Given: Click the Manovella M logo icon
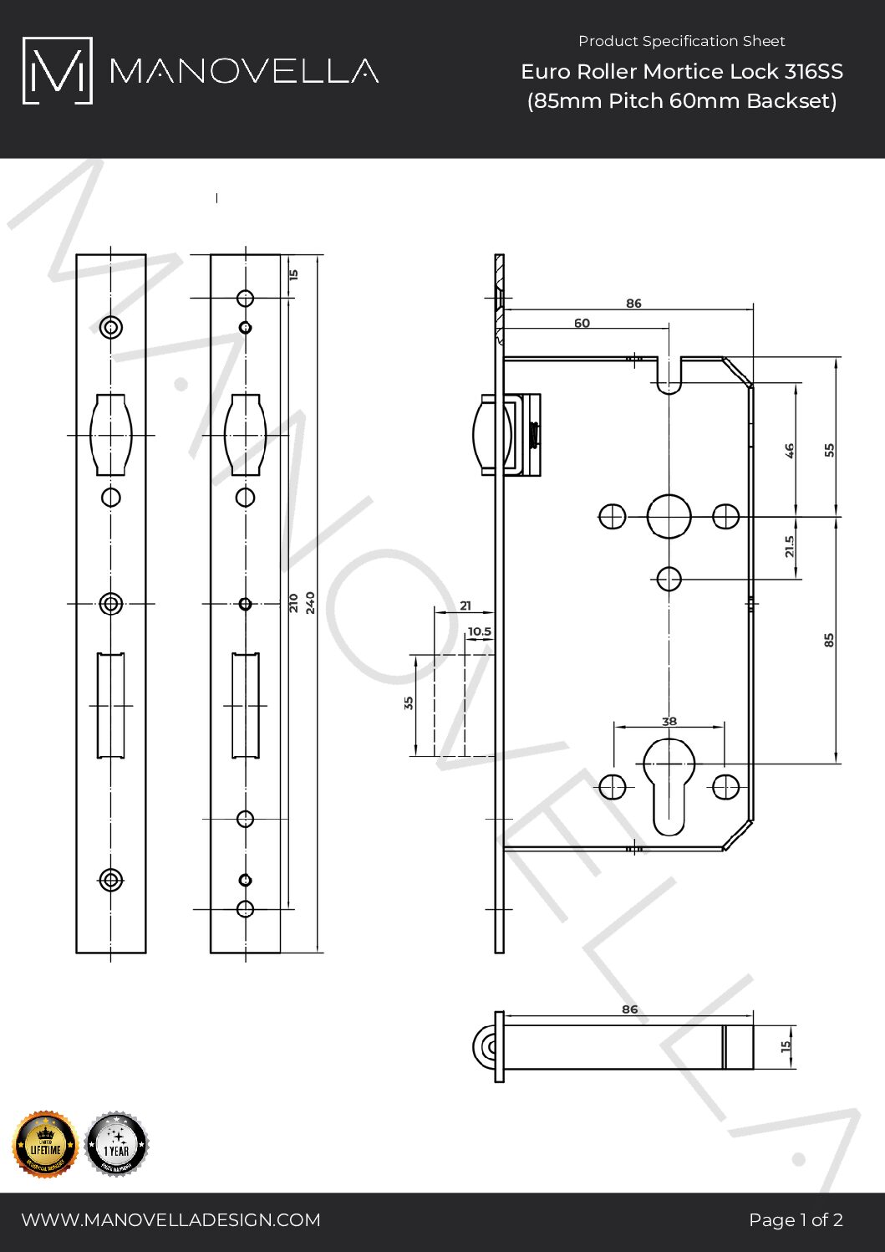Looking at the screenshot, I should (x=57, y=70).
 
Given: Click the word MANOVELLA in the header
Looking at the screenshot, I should (x=244, y=71).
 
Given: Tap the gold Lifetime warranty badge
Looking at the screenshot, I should (x=45, y=1144).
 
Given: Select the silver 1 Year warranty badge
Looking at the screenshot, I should (x=116, y=1144).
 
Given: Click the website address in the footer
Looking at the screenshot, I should (x=170, y=1219).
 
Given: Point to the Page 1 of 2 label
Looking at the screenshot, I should (x=796, y=1219).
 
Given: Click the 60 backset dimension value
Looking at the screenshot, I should (x=582, y=323).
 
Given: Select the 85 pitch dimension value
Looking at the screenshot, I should (x=829, y=640).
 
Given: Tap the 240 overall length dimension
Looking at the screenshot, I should (x=310, y=602).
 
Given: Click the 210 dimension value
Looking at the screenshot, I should (x=293, y=602).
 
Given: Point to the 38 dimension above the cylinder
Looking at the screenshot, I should (x=669, y=721).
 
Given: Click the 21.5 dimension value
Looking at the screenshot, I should (x=789, y=547).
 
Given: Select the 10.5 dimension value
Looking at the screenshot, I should (x=480, y=631).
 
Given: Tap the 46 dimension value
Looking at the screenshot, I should (x=789, y=451).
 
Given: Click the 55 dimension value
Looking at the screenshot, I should (x=829, y=449).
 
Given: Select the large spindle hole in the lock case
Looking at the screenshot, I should (x=669, y=516).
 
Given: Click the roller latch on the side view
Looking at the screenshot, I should (x=483, y=435).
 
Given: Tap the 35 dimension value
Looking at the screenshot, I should (x=409, y=703).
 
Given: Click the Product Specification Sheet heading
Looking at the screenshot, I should (x=681, y=41).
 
